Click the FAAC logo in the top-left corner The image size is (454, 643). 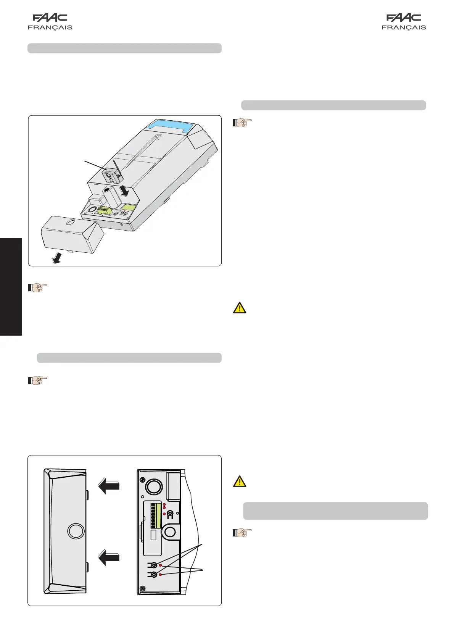click(x=50, y=18)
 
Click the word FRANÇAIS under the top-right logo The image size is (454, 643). click(x=404, y=27)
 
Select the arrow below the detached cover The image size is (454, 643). click(x=57, y=259)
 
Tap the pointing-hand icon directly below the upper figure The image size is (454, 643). click(x=37, y=287)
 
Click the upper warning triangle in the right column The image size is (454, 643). click(x=240, y=308)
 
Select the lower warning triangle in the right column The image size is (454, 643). click(x=240, y=481)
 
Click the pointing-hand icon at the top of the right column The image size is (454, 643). click(x=242, y=123)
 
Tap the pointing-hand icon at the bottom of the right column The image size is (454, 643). click(x=242, y=533)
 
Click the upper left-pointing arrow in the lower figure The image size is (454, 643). click(x=109, y=486)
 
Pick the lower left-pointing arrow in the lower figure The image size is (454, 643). click(x=109, y=558)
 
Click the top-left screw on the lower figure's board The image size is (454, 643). click(x=143, y=480)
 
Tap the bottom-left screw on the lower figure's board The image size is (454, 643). click(x=143, y=588)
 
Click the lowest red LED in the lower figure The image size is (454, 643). click(x=161, y=575)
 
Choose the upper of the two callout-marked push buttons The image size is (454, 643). click(x=154, y=565)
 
